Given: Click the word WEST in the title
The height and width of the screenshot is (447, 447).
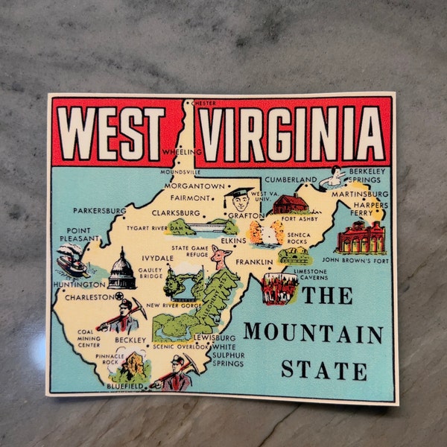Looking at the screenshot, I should (112, 134).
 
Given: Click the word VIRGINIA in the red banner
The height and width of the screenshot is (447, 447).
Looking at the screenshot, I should (294, 134).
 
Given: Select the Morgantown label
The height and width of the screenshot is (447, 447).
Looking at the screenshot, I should (194, 186).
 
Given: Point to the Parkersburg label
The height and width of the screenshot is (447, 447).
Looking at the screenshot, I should (99, 211).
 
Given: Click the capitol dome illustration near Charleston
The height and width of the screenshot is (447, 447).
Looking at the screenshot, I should (121, 270).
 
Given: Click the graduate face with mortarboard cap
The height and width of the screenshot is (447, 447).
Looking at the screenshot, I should (239, 199).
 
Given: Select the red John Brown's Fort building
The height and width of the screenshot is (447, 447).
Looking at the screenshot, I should (361, 238).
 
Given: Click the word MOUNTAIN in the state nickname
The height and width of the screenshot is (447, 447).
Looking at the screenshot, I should (313, 332).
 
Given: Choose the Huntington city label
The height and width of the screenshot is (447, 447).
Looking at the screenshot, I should (80, 285).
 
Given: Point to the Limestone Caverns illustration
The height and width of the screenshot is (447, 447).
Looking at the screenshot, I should (281, 287).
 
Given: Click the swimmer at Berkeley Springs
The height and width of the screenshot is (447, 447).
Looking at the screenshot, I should (336, 177).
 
